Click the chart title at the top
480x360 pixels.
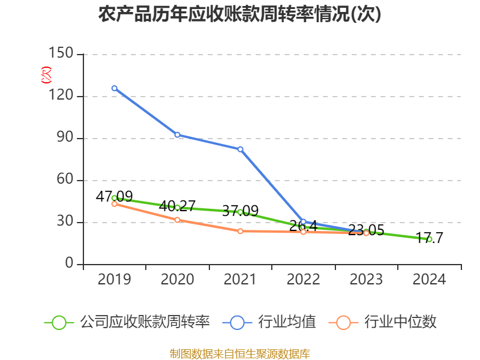(x=240, y=14)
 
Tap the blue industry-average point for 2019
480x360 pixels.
(x=114, y=88)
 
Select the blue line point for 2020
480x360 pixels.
(x=177, y=134)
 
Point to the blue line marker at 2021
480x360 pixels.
(x=240, y=149)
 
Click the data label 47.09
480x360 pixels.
(x=114, y=196)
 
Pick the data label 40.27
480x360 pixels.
(x=177, y=206)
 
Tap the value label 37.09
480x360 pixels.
(x=240, y=211)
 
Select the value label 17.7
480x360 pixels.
(x=429, y=238)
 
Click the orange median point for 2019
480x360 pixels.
(x=114, y=204)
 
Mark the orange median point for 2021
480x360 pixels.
(x=240, y=231)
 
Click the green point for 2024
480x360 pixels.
(x=429, y=239)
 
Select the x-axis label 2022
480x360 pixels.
(x=303, y=279)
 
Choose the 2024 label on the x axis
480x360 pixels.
(x=429, y=279)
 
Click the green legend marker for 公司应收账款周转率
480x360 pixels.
(x=59, y=322)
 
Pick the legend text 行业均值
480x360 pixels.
(x=287, y=322)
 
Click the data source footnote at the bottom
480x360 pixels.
(x=240, y=353)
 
